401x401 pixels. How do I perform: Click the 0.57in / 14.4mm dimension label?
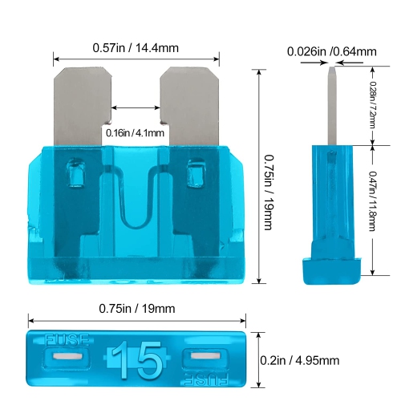pos(136,48)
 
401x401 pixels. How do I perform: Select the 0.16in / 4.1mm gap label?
pos(135,133)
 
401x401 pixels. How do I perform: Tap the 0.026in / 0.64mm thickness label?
pos(332,51)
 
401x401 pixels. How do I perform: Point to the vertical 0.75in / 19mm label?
pos(268,192)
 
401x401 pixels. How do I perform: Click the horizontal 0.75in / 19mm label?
pos(137,309)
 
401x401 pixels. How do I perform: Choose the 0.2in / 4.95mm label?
pos(300,360)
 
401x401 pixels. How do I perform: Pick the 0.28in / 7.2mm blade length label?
pos(372,105)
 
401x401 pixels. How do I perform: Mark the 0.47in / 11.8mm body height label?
pos(372,201)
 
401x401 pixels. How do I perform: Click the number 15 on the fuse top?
pos(137,359)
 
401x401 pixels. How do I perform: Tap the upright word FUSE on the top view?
pos(67,340)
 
